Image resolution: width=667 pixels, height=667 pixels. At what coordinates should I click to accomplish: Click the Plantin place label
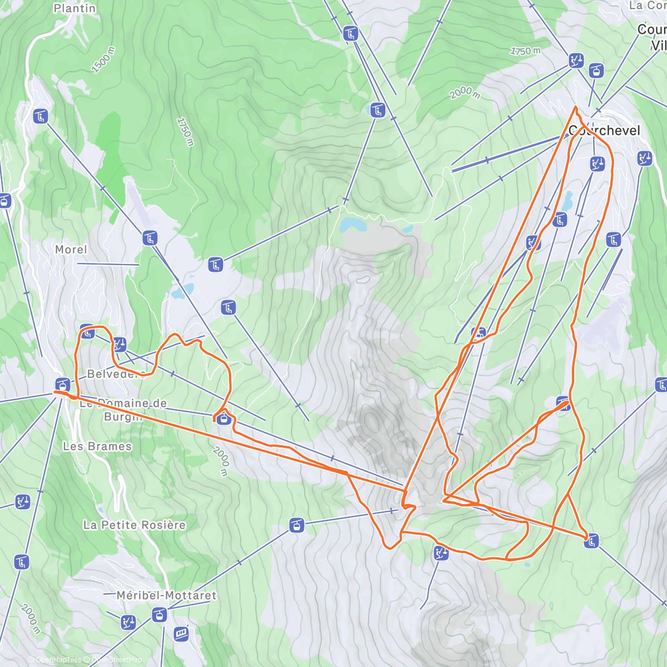(74, 8)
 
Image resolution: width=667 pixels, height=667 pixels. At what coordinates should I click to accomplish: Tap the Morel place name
(71, 250)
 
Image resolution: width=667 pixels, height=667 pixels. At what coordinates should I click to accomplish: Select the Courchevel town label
(605, 131)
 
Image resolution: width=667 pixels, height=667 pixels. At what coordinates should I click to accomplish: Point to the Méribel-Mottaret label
(167, 595)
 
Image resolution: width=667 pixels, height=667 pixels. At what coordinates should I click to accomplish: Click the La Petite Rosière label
(135, 525)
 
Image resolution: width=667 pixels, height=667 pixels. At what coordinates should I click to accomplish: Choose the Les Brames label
(97, 446)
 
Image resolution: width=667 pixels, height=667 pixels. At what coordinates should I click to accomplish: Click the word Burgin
(123, 416)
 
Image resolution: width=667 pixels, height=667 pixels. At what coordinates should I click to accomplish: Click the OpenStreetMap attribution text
(117, 660)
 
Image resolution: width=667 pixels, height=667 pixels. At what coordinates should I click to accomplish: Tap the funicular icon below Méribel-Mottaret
(181, 633)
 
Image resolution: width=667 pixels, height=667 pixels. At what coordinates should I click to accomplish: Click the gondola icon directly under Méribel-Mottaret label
(160, 614)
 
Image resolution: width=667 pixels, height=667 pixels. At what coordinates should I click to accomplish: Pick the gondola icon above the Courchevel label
(596, 71)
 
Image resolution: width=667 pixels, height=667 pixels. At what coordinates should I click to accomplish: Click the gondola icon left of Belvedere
(62, 384)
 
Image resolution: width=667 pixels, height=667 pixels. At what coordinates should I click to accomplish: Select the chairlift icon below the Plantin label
(41, 117)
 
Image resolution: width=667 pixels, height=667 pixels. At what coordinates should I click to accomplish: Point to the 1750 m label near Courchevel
(525, 51)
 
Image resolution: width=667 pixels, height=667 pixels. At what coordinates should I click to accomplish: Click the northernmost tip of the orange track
(575, 106)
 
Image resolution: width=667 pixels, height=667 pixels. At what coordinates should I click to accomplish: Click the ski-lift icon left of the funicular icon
(128, 621)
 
